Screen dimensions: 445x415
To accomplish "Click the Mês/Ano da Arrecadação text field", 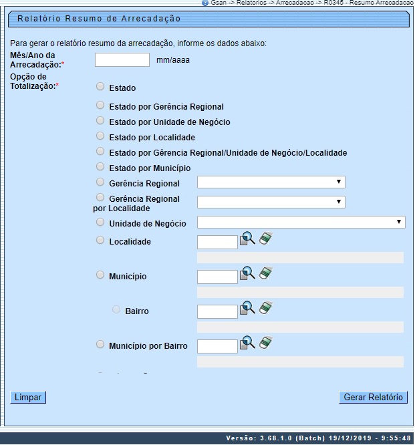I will pyautogui.click(x=122, y=60).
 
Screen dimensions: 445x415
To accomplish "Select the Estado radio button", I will pyautogui.click(x=100, y=87).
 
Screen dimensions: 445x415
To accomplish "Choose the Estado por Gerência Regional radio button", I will pyautogui.click(x=100, y=106).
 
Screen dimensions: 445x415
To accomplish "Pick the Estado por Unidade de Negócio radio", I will pyautogui.click(x=100, y=121).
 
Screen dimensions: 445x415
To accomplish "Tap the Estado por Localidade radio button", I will pyautogui.click(x=100, y=136).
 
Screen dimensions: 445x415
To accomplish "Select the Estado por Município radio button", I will pyautogui.click(x=100, y=167).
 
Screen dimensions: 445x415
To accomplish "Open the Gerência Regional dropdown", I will pyautogui.click(x=271, y=182).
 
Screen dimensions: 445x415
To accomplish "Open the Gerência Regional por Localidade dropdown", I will pyautogui.click(x=271, y=202).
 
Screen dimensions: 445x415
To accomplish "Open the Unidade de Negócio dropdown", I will pyautogui.click(x=301, y=222).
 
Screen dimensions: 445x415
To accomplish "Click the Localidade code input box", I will pyautogui.click(x=218, y=242).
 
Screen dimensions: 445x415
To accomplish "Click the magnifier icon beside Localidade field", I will pyautogui.click(x=247, y=239).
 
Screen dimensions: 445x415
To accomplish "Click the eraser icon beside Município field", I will pyautogui.click(x=267, y=273).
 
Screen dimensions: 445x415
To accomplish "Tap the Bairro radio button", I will pyautogui.click(x=117, y=310).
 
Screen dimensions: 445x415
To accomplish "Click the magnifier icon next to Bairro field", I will pyautogui.click(x=247, y=308).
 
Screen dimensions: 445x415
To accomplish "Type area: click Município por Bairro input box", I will pyautogui.click(x=218, y=346).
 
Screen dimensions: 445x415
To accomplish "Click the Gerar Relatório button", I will pyautogui.click(x=373, y=397).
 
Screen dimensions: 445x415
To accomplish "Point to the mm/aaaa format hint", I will pyautogui.click(x=173, y=60).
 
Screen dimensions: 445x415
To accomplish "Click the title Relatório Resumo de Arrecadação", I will pyautogui.click(x=99, y=19).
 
